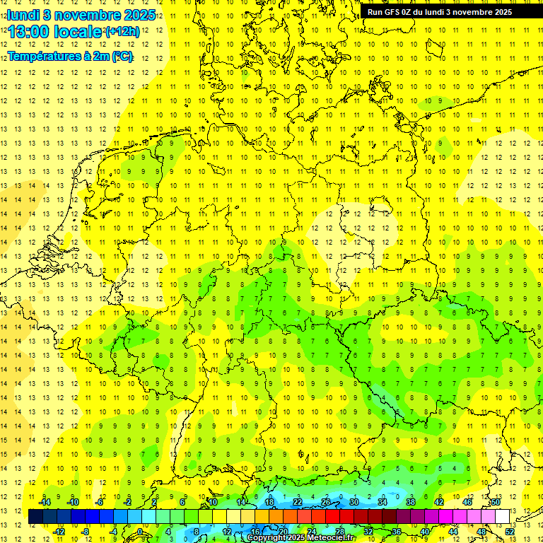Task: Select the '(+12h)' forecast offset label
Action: (x=122, y=32)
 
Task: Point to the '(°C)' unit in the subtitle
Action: (x=122, y=57)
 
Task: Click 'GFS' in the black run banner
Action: (x=392, y=12)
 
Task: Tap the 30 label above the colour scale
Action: (x=354, y=502)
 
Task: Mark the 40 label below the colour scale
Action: (x=424, y=532)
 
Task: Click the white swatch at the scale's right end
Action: (x=502, y=517)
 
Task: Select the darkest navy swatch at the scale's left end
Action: (x=35, y=517)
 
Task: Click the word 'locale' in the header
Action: (x=77, y=32)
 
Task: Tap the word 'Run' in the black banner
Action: (x=375, y=12)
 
